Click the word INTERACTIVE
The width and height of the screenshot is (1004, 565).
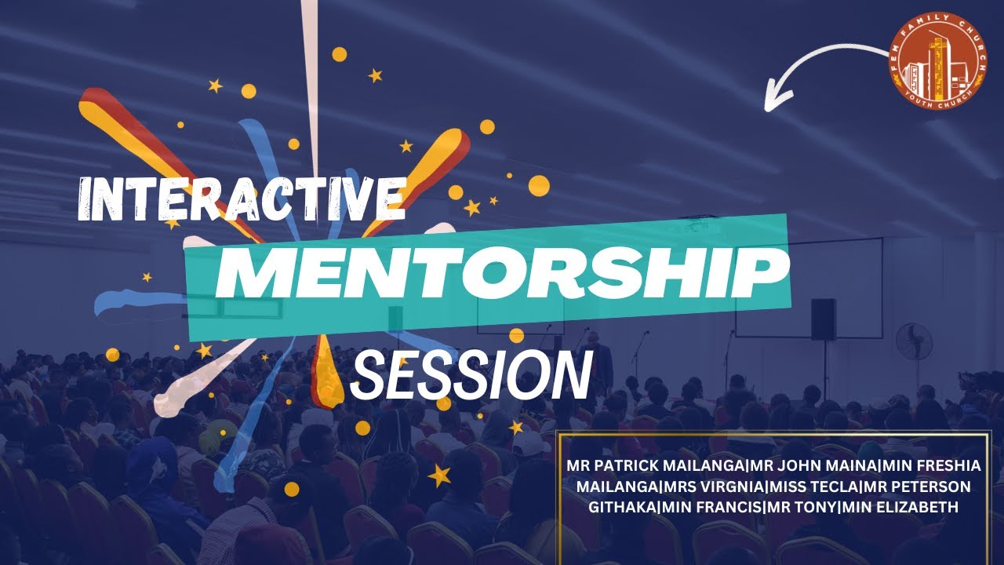pyautogui.click(x=242, y=199)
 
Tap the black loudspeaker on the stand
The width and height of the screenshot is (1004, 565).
pyautogui.click(x=823, y=319)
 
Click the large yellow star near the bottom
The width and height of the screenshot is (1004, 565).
pyautogui.click(x=439, y=474)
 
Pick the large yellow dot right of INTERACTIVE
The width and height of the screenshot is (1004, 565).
pyautogui.click(x=539, y=185)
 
